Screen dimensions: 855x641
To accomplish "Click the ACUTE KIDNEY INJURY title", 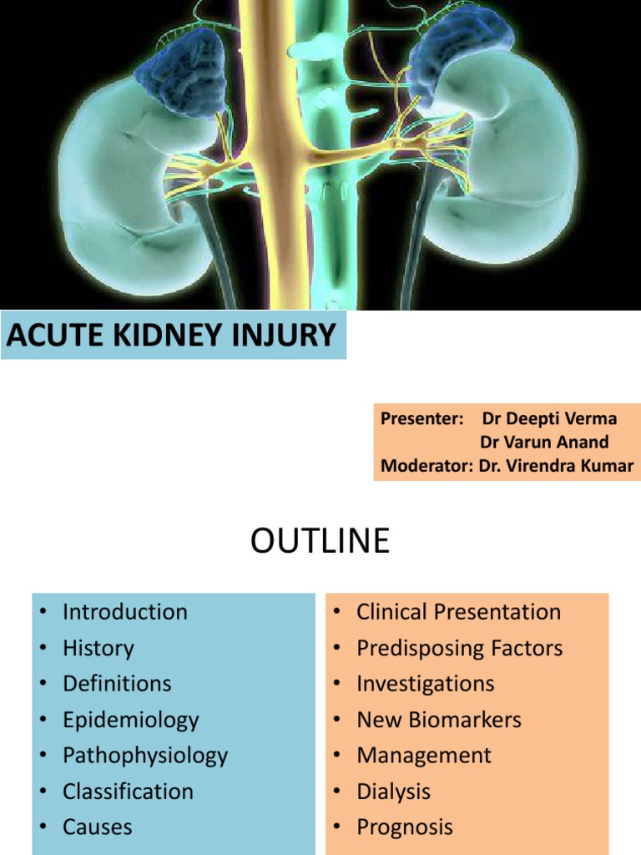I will pyautogui.click(x=172, y=336).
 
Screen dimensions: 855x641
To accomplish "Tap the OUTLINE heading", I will pyautogui.click(x=320, y=542).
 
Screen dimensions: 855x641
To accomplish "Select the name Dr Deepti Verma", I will pyautogui.click(x=550, y=419).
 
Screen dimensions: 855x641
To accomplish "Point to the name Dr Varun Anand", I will pyautogui.click(x=544, y=443).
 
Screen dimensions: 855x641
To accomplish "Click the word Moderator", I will pyautogui.click(x=426, y=466).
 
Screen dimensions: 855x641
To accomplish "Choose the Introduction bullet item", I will pyautogui.click(x=124, y=611).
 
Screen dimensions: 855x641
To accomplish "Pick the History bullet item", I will pyautogui.click(x=98, y=648).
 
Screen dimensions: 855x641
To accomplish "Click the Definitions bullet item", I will pyautogui.click(x=117, y=684).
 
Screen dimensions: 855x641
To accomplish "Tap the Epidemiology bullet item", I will pyautogui.click(x=130, y=720).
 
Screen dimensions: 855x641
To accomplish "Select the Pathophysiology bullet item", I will pyautogui.click(x=144, y=756).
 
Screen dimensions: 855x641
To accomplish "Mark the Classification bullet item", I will pyautogui.click(x=128, y=792).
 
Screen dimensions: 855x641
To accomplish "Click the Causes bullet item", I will pyautogui.click(x=97, y=827).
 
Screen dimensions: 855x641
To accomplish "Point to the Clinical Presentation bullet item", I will pyautogui.click(x=458, y=611).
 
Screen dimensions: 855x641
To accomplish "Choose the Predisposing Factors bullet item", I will pyautogui.click(x=459, y=648).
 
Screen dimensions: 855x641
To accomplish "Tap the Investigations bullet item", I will pyautogui.click(x=425, y=684).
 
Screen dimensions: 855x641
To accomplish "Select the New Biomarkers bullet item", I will pyautogui.click(x=438, y=720).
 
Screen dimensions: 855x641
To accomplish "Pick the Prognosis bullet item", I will pyautogui.click(x=405, y=827).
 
